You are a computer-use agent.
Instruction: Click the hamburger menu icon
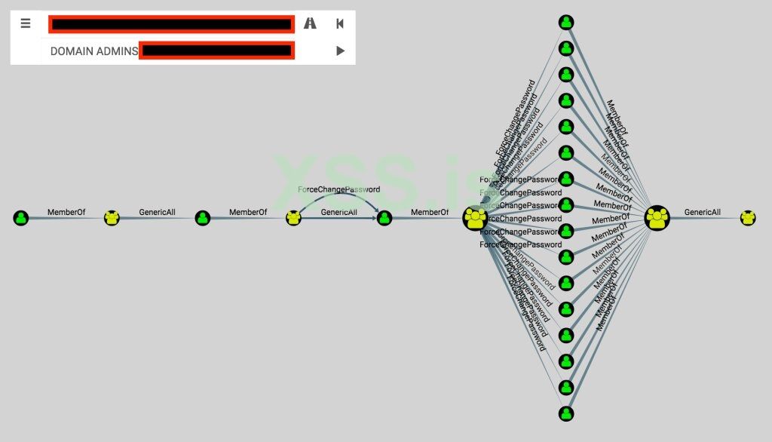(x=26, y=23)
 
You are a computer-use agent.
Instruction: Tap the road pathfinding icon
(x=310, y=23)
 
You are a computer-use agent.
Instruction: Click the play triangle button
(x=340, y=51)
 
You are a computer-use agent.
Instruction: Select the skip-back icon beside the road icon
(x=340, y=23)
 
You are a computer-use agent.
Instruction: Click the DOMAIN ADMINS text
(x=93, y=51)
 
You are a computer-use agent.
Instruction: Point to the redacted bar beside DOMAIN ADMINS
(x=217, y=51)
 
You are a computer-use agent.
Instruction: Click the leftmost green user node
(x=21, y=218)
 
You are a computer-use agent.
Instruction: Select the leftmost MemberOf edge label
(x=66, y=213)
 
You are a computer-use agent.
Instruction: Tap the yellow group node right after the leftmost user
(x=112, y=218)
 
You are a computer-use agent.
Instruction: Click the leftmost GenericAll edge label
(x=157, y=213)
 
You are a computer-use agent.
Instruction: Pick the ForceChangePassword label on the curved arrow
(x=339, y=190)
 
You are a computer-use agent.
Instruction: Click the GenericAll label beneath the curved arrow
(x=339, y=213)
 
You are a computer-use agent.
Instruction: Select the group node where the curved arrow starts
(x=293, y=218)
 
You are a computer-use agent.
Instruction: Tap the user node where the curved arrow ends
(x=384, y=218)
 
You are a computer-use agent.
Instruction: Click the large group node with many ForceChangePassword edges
(x=476, y=218)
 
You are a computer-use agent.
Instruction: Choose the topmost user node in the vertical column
(x=566, y=23)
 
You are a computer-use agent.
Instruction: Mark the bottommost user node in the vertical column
(x=566, y=413)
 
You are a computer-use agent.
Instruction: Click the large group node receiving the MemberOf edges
(x=657, y=218)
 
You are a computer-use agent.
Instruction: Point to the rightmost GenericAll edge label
(x=702, y=213)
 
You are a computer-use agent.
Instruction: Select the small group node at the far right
(x=748, y=218)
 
